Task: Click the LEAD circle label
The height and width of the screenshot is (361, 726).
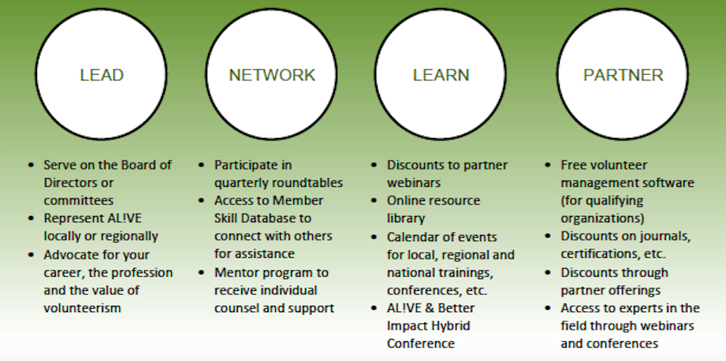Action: point(102,75)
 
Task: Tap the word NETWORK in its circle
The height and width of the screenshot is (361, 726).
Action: point(272,75)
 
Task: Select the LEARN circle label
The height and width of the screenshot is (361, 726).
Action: point(441,75)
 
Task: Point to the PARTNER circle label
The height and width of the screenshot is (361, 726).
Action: point(623,75)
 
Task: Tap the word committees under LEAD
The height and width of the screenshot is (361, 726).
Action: point(79,200)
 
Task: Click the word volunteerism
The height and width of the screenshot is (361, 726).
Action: point(83,307)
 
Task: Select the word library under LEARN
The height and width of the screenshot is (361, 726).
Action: point(406,218)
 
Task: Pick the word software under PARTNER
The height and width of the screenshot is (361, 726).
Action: point(669,182)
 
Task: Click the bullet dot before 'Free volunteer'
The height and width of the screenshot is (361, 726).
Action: point(548,165)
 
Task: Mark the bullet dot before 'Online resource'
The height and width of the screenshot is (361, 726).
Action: point(374,200)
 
